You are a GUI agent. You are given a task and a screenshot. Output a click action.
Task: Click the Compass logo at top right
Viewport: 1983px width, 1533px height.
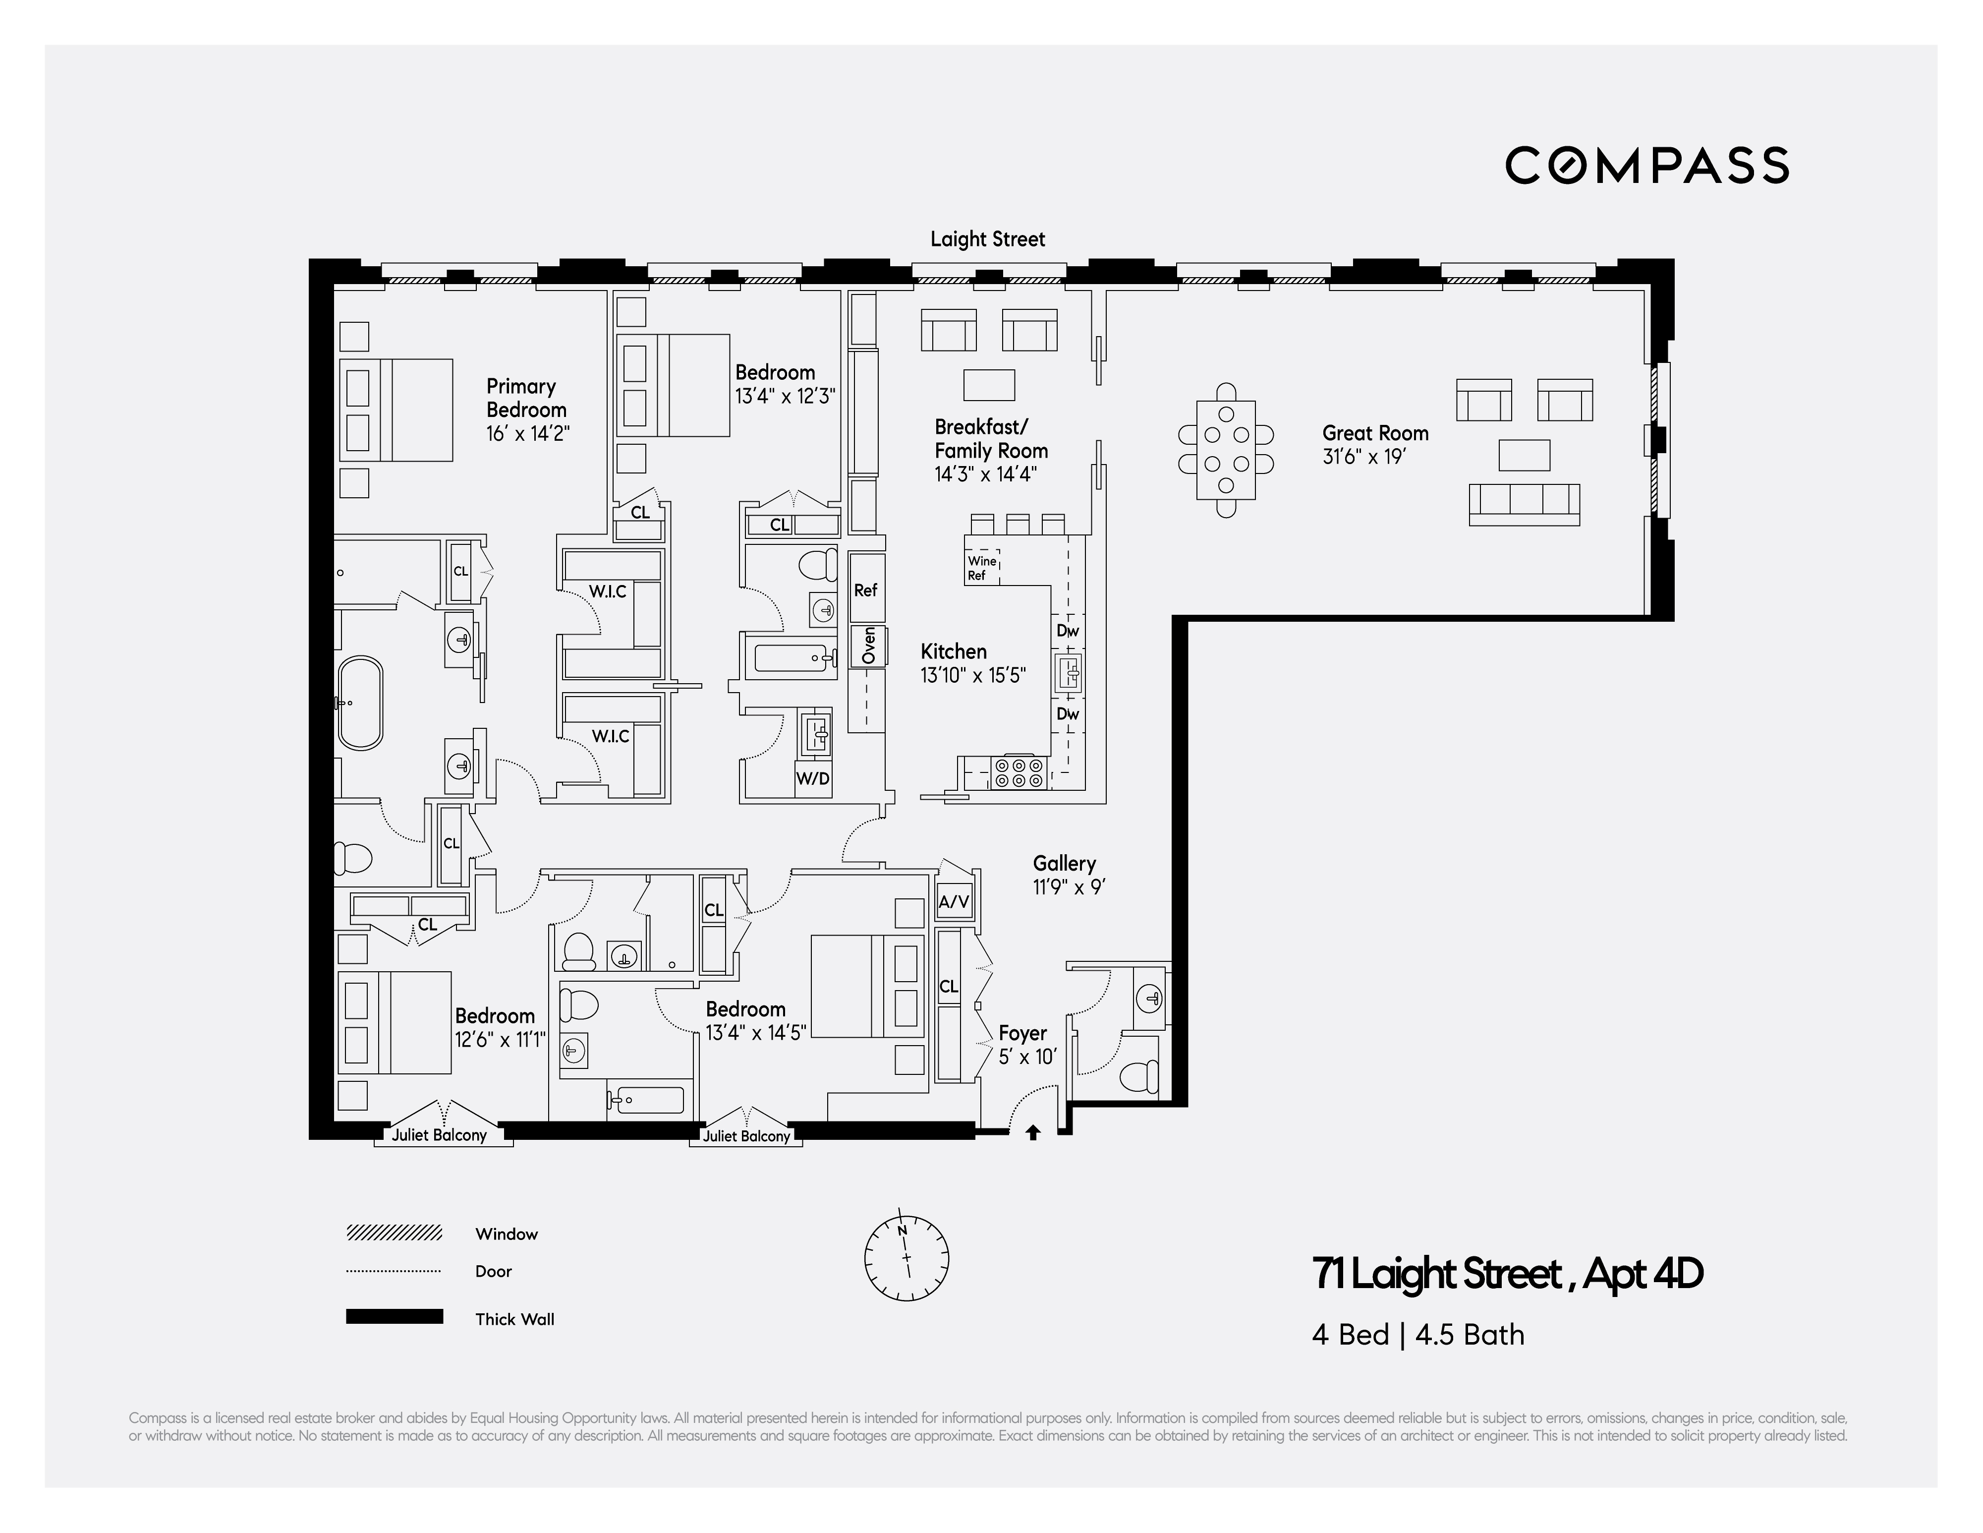tap(1646, 165)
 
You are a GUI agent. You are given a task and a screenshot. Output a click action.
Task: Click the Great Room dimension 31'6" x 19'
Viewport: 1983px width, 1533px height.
tap(1364, 457)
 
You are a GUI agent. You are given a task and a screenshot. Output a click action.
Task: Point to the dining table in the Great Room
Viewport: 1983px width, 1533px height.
tap(1226, 450)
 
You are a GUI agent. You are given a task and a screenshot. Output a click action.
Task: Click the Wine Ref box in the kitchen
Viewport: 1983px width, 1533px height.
tap(981, 568)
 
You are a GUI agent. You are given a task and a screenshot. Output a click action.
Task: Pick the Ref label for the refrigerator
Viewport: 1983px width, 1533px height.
tap(865, 590)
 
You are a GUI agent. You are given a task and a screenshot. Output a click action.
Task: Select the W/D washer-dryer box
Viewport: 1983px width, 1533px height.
tap(813, 778)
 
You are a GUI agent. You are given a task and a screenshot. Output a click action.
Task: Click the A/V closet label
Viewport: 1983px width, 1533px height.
tap(954, 902)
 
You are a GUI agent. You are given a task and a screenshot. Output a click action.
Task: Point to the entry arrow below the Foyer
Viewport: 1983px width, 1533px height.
tap(1032, 1132)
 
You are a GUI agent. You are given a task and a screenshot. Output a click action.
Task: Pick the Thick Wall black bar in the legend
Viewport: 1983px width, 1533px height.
tap(394, 1317)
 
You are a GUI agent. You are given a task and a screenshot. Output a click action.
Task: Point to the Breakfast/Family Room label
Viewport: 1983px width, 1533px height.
tap(991, 439)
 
